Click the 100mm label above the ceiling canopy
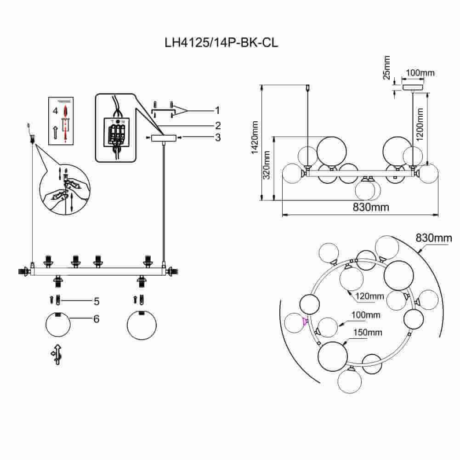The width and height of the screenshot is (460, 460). click(x=420, y=73)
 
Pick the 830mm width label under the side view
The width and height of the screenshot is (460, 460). click(x=371, y=207)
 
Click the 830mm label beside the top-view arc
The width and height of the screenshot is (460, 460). click(x=434, y=238)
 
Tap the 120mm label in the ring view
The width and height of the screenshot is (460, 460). click(x=370, y=296)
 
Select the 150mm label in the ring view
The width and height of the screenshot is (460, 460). click(x=366, y=332)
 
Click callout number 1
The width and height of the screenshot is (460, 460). click(x=216, y=110)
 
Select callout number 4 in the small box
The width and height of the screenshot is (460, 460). click(x=55, y=111)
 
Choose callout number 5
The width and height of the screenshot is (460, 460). click(x=97, y=301)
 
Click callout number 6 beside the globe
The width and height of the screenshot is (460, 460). click(x=97, y=318)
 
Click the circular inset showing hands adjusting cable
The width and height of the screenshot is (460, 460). click(x=65, y=189)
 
